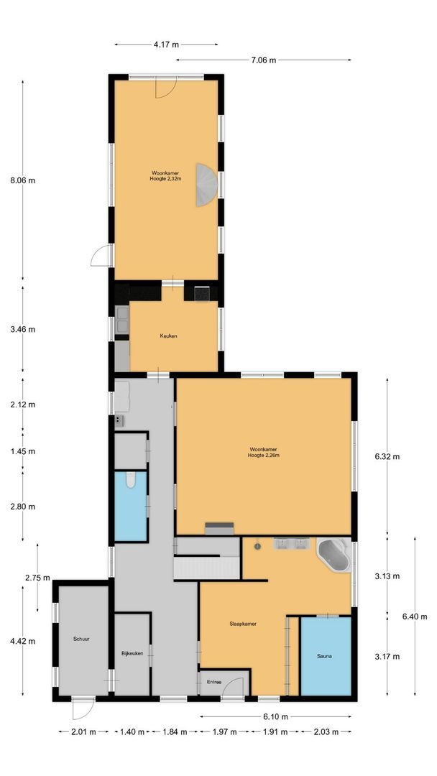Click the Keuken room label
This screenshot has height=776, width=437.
(x=168, y=336)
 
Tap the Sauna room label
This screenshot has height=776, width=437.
(x=325, y=656)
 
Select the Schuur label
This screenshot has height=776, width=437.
(x=81, y=639)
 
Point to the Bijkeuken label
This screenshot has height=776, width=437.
(x=132, y=653)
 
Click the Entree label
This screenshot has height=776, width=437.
(x=214, y=682)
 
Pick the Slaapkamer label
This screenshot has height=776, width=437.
(x=242, y=624)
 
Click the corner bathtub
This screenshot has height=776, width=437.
(x=333, y=555)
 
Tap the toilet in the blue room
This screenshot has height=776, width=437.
(x=130, y=480)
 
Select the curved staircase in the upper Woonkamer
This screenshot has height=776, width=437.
(x=206, y=185)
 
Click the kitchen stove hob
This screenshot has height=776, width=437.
(x=202, y=293)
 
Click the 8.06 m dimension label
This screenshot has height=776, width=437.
(x=23, y=180)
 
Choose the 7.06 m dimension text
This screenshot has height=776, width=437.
(x=263, y=60)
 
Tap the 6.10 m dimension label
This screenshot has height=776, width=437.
(x=276, y=716)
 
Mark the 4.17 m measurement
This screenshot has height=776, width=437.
(x=166, y=45)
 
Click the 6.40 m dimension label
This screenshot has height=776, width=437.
(x=415, y=616)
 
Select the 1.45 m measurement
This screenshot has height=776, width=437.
(x=23, y=451)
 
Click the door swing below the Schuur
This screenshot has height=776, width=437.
(x=82, y=710)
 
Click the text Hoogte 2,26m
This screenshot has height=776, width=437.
(x=264, y=456)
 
